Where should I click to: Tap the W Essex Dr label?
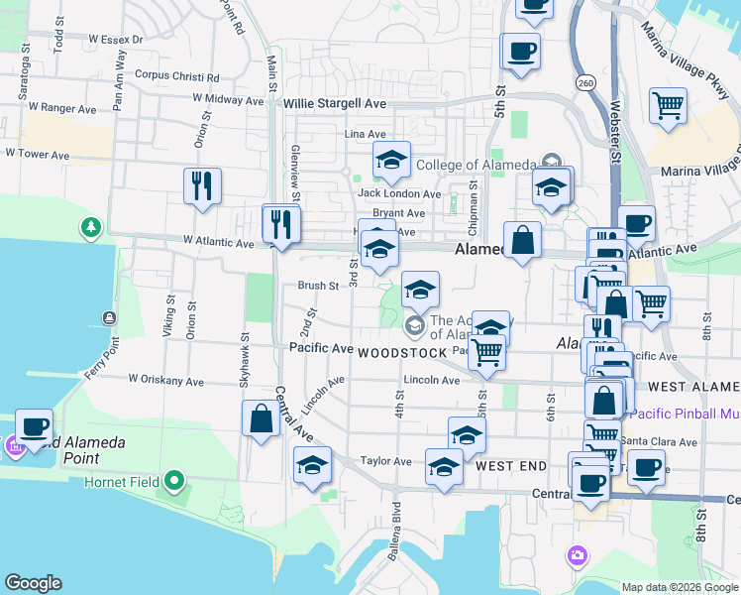click(x=116, y=40)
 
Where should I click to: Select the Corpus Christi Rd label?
click(x=176, y=75)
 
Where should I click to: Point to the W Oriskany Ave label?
click(x=165, y=381)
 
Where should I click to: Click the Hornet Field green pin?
click(x=175, y=483)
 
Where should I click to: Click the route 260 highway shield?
click(x=586, y=83)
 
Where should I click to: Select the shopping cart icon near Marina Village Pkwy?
click(x=669, y=105)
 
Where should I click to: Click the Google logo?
click(x=33, y=583)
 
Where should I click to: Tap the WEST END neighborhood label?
click(x=511, y=465)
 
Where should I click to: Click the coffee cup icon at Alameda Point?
click(x=34, y=427)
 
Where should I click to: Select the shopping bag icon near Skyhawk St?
click(x=261, y=417)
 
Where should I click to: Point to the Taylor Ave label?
click(x=385, y=461)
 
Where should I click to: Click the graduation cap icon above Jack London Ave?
click(x=391, y=160)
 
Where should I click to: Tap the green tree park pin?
click(x=91, y=228)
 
